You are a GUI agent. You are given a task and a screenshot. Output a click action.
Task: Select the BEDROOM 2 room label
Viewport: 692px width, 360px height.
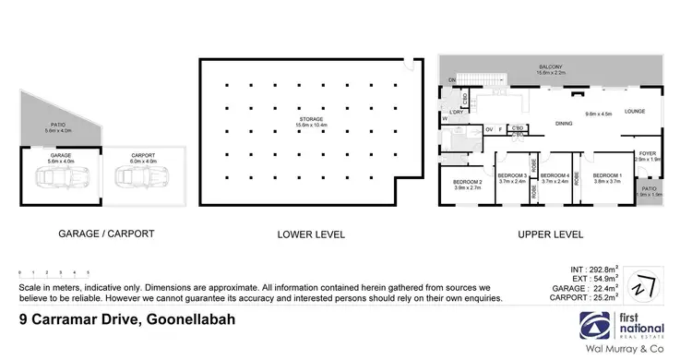(468, 183)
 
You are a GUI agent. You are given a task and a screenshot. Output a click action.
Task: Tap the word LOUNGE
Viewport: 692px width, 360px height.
(635, 112)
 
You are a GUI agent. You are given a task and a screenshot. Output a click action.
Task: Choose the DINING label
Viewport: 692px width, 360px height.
(565, 123)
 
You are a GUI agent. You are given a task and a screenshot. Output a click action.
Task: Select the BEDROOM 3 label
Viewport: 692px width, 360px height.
(512, 175)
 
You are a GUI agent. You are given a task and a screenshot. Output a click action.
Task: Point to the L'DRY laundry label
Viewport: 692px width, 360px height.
(455, 113)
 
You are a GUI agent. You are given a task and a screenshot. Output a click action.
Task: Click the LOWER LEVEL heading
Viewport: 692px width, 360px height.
(311, 234)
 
